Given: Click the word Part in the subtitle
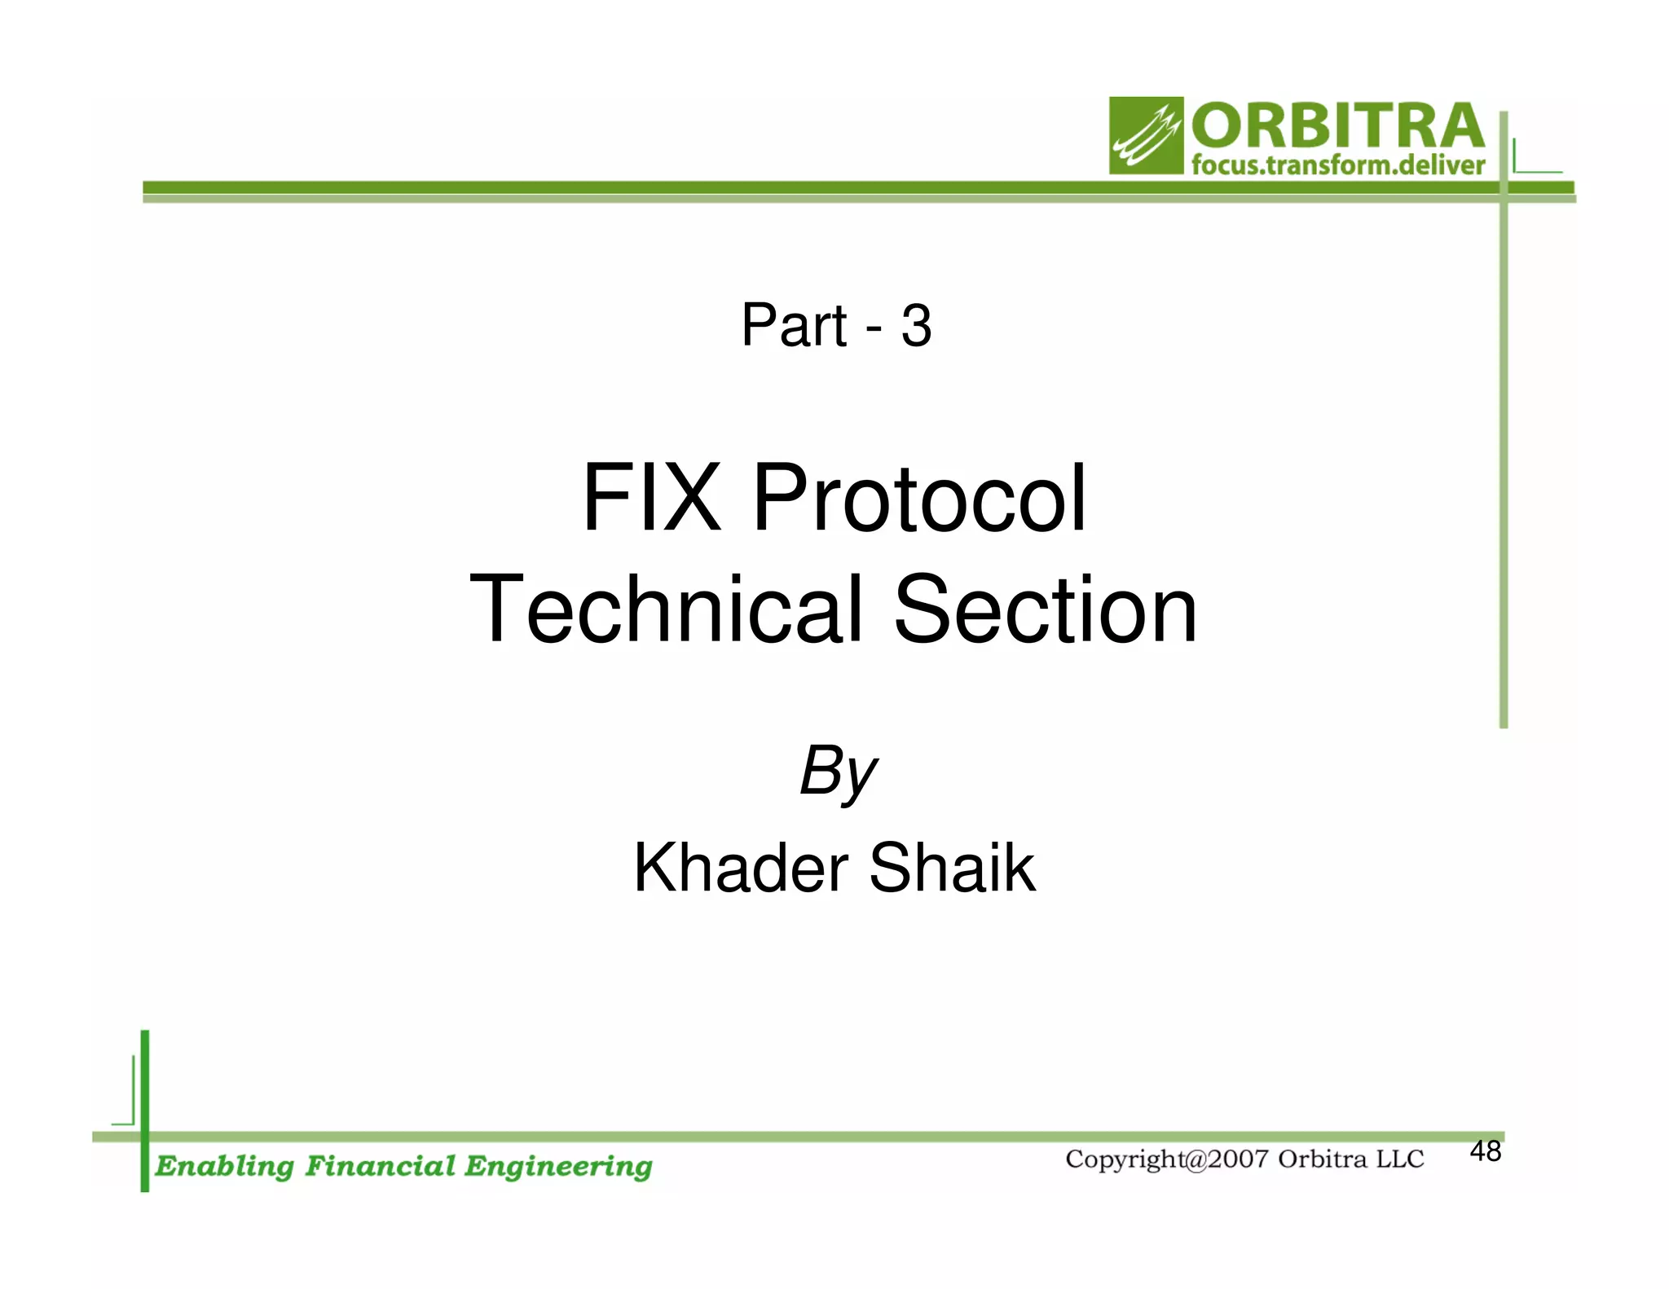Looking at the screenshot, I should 794,326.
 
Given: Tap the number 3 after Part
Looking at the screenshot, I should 916,326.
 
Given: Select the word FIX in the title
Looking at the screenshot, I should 651,498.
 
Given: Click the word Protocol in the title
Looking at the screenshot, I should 918,498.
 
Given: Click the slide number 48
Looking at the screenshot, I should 1485,1151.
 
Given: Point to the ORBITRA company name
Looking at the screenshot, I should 1337,126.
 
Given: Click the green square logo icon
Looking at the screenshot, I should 1145,135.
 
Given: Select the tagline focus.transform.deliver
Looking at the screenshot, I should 1337,165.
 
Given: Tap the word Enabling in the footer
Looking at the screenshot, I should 224,1167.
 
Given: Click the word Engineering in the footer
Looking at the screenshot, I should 558,1167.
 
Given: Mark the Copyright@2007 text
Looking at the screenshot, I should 1166,1159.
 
